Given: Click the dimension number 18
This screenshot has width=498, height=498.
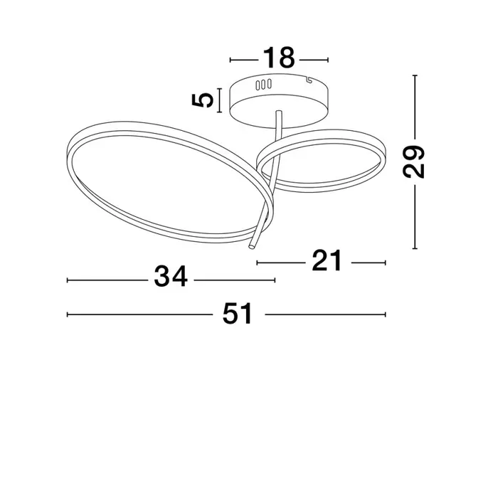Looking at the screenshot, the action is (279, 58).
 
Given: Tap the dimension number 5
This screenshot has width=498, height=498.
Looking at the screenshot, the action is (202, 100).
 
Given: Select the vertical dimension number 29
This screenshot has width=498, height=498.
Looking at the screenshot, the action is (413, 161).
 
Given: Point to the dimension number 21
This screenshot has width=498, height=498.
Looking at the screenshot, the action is (327, 260).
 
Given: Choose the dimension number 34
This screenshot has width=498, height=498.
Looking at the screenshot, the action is (171, 276).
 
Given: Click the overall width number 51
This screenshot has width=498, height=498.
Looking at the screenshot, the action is (238, 313).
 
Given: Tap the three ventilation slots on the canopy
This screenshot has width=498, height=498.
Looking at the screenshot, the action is (264, 85).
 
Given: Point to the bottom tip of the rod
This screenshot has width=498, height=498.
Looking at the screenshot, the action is (252, 246).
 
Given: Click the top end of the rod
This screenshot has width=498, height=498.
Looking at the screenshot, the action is (279, 112).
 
